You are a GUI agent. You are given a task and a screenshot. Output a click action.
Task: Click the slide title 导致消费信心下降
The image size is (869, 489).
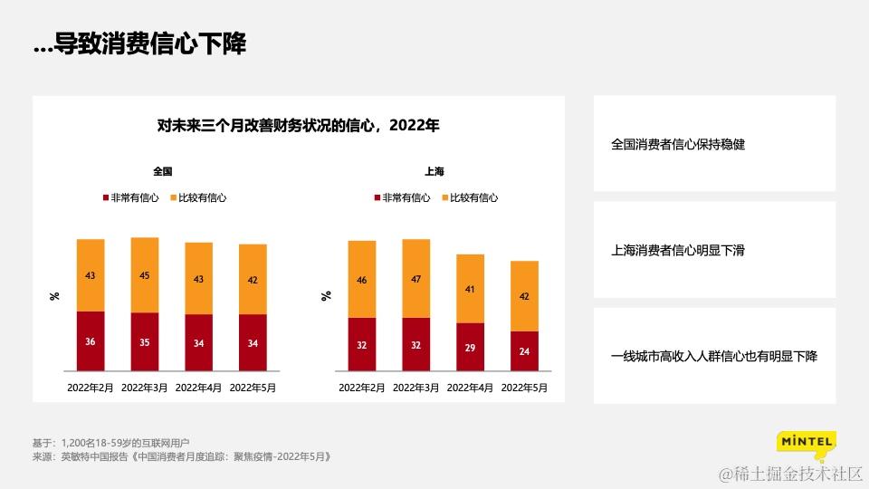139,43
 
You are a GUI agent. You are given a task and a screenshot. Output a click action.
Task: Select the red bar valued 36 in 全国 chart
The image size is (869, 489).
91,341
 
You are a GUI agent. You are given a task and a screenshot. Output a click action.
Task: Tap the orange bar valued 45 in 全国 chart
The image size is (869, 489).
145,275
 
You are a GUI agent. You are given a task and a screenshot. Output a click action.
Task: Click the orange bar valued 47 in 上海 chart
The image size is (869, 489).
416,279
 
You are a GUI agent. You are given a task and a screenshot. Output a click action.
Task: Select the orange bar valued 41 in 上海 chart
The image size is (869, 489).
470,289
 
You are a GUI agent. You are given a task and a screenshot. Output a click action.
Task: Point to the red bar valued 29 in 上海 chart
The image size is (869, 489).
470,347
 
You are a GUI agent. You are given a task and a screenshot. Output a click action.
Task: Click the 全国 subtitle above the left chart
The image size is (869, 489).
162,171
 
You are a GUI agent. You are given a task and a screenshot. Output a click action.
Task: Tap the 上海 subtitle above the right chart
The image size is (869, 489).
434,171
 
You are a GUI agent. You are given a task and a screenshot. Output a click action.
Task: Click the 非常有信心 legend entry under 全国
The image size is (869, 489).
129,197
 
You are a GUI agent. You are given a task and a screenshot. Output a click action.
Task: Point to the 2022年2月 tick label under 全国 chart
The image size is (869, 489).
90,388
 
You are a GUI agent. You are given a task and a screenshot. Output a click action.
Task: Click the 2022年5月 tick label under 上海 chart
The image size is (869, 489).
524,388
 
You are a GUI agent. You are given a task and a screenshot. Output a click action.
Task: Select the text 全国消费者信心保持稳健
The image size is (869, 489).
678,144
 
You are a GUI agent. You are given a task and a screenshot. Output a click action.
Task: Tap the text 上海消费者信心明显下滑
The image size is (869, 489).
678,250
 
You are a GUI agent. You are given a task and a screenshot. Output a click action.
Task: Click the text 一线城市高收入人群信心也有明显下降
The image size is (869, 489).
714,356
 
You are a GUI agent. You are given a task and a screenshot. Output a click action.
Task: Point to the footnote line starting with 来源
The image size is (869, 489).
181,456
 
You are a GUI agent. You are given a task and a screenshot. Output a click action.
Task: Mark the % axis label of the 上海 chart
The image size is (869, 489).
326,296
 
